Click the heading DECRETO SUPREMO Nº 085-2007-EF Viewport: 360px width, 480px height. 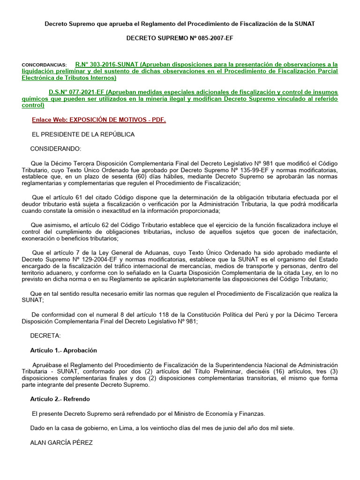point(180,38)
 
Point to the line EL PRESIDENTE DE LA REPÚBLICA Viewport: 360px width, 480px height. point(83,135)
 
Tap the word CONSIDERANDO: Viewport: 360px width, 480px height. point(55,149)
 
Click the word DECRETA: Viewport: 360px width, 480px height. point(45,336)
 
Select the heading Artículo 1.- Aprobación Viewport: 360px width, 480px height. point(63,350)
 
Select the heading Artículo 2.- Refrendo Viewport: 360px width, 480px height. point(60,399)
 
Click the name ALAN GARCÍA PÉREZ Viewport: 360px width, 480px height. point(61,442)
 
